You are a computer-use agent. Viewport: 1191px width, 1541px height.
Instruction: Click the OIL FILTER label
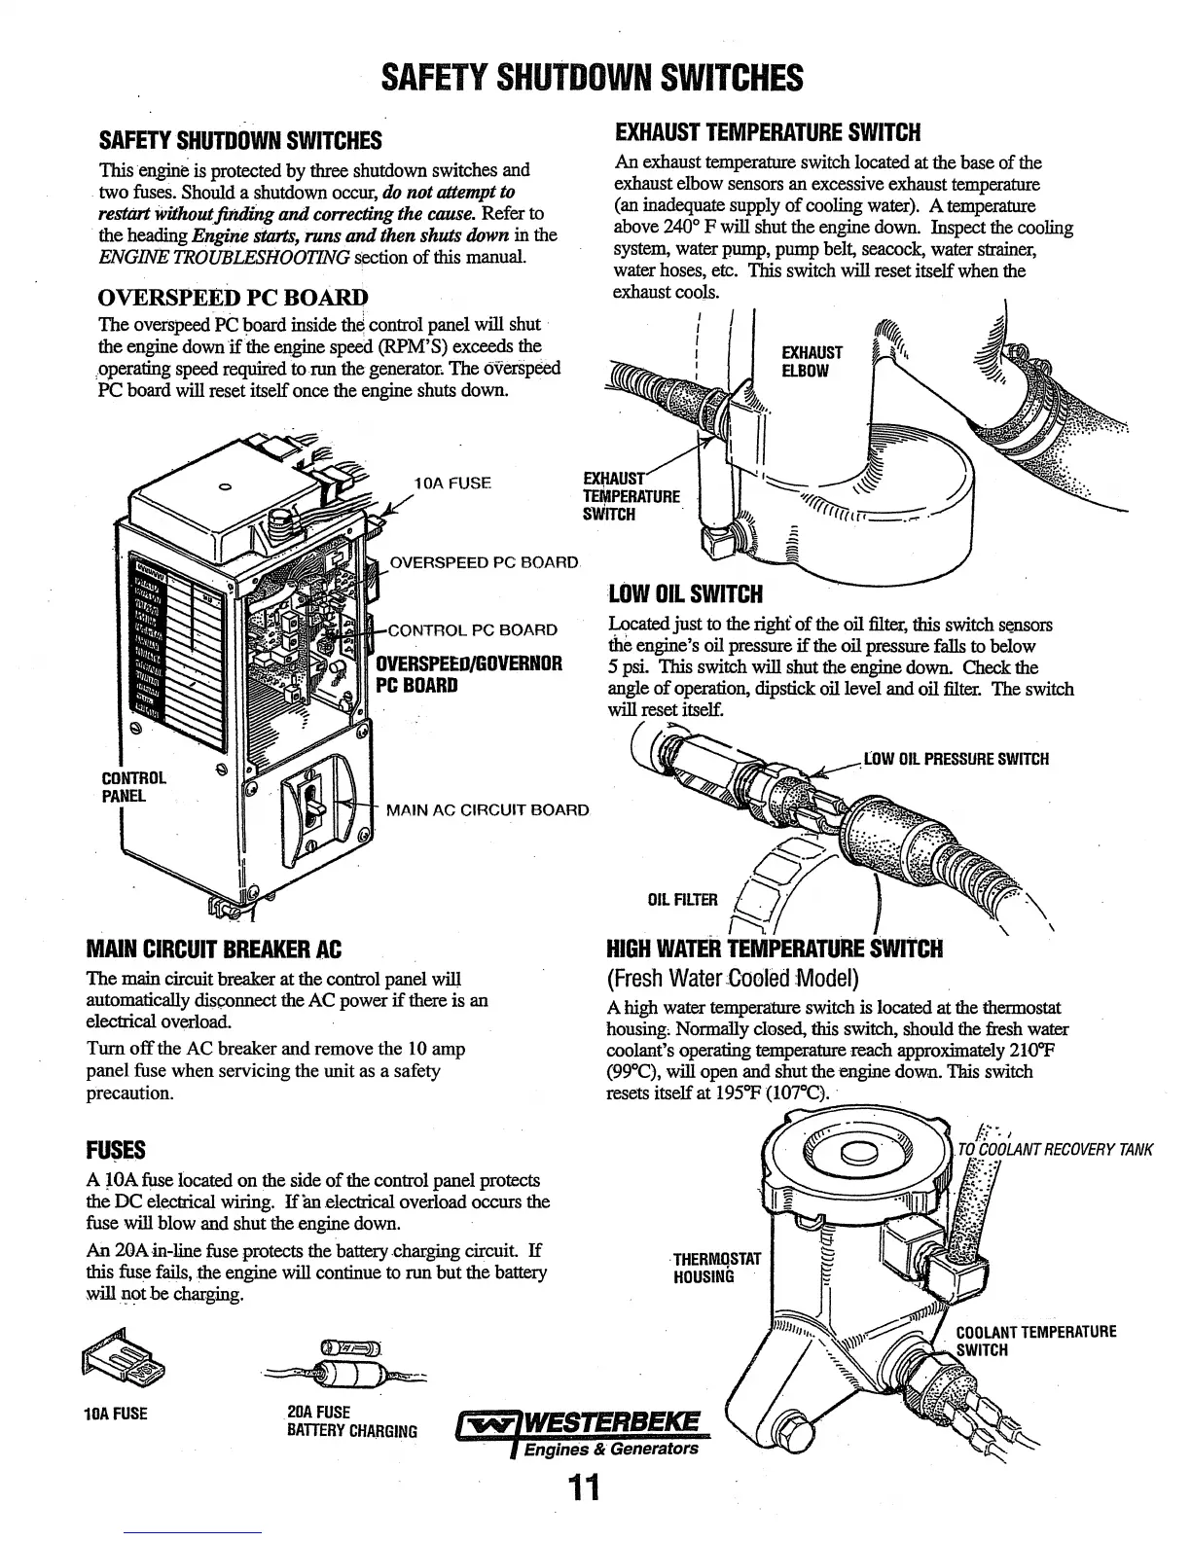(682, 899)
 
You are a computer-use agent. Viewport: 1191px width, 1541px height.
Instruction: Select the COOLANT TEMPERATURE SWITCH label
(1035, 1341)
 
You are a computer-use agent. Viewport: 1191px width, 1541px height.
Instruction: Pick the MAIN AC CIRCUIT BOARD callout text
(487, 809)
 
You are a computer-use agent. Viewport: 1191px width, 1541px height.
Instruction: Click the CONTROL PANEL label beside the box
(134, 787)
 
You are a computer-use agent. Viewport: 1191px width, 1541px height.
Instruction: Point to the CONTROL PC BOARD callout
(472, 629)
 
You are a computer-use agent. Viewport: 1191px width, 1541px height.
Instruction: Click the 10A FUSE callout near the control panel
(452, 483)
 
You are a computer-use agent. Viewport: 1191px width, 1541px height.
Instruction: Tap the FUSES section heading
(116, 1151)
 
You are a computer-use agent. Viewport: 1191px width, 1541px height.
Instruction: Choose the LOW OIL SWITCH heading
(685, 593)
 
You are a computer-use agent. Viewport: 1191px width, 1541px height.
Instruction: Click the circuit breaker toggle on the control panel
(315, 804)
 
